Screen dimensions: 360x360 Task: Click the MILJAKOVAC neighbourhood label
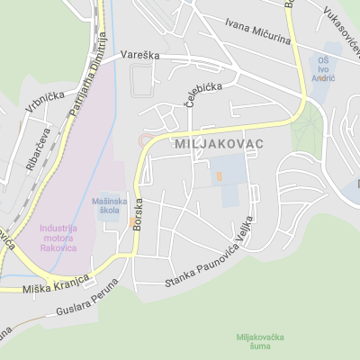point(219,144)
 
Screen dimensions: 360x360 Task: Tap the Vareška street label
point(140,56)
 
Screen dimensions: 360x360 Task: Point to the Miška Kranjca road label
point(57,284)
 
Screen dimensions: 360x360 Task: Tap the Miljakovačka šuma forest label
point(260,342)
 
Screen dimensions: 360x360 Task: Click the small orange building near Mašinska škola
point(131,220)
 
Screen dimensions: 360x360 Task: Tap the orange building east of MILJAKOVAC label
point(218,177)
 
